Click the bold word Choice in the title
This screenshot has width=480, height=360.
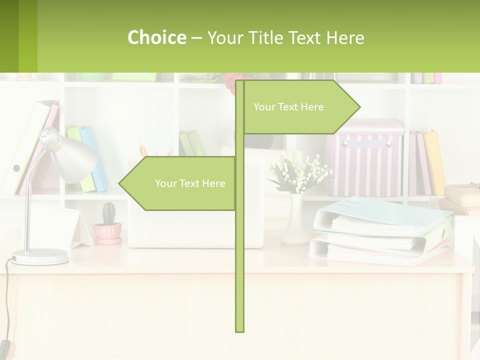[x=156, y=37]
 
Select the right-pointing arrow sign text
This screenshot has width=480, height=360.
[x=288, y=107]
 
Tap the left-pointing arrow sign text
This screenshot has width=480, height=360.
[x=190, y=183]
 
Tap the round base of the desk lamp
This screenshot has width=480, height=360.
[x=40, y=256]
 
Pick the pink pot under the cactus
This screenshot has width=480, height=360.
[x=107, y=232]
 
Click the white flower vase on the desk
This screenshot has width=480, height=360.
[x=292, y=220]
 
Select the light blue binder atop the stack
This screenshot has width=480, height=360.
[x=380, y=212]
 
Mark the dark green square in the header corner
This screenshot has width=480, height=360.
[x=9, y=36]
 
